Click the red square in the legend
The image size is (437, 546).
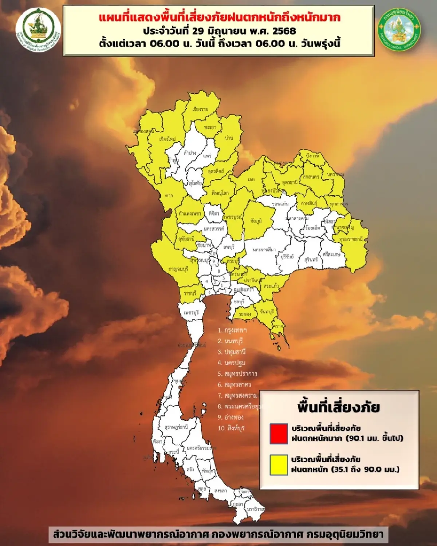(279, 433)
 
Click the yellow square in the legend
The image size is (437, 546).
(279, 464)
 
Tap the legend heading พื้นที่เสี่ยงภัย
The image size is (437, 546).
(338, 407)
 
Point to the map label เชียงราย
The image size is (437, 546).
(200, 109)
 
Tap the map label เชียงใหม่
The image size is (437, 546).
(168, 139)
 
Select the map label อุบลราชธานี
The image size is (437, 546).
(353, 239)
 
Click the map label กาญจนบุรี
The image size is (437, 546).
(178, 269)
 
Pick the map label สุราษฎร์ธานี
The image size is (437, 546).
(176, 427)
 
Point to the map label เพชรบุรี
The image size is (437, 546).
(191, 313)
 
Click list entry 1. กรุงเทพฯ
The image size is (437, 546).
(232, 330)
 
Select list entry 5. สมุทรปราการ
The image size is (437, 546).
(237, 374)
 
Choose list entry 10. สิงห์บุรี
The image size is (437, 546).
(231, 428)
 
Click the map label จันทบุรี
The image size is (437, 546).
(267, 312)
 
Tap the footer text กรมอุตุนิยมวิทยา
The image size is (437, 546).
(345, 534)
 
